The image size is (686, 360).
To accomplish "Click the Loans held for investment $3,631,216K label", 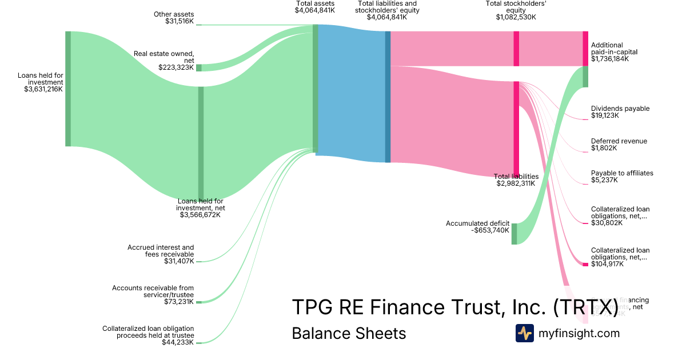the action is (40, 82).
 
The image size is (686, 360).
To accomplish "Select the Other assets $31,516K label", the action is (174, 18).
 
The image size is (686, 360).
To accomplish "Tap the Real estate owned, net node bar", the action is (199, 67).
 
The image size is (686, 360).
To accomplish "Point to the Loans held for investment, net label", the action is (200, 208).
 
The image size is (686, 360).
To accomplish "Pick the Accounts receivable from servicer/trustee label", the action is (153, 295).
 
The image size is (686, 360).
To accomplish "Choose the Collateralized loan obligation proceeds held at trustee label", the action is (148, 335).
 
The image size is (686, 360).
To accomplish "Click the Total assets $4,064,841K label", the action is (314, 7).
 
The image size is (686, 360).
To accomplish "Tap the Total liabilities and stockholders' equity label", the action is (387, 10).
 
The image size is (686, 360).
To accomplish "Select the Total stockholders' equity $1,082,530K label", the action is (516, 10).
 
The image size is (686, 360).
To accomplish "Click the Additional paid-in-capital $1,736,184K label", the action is (614, 51).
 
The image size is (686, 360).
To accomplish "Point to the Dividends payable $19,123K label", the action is (620, 112).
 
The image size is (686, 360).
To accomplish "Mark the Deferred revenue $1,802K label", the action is (619, 145).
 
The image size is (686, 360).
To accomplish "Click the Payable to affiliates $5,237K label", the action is (622, 177).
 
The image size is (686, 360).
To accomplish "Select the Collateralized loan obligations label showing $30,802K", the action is (620, 216).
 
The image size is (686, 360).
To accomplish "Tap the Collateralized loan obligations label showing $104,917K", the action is (620, 257).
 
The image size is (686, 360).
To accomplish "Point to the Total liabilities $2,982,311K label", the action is (516, 180).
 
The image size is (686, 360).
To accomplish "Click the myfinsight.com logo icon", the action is (524, 333).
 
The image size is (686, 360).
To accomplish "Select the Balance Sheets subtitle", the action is (349, 333).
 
